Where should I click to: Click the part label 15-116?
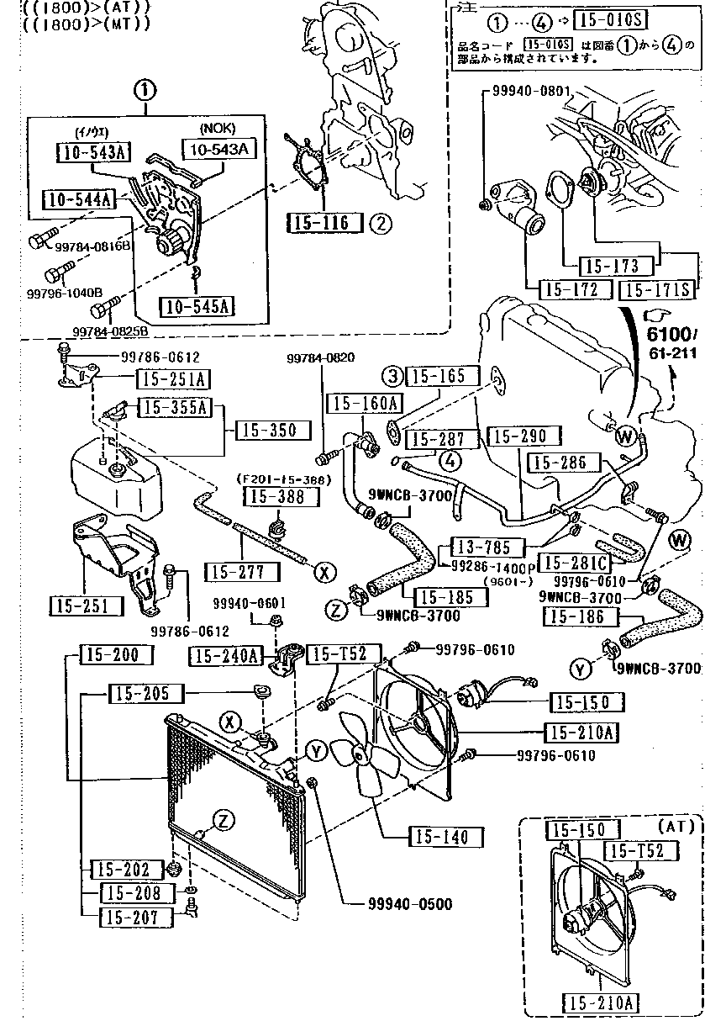(x=324, y=223)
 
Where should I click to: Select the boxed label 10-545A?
(x=197, y=305)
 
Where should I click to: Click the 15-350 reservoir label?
(x=266, y=430)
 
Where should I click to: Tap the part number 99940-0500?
(x=409, y=904)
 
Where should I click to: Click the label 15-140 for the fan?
(x=447, y=837)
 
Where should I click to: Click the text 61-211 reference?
(x=672, y=352)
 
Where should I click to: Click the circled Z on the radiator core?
(x=221, y=820)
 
